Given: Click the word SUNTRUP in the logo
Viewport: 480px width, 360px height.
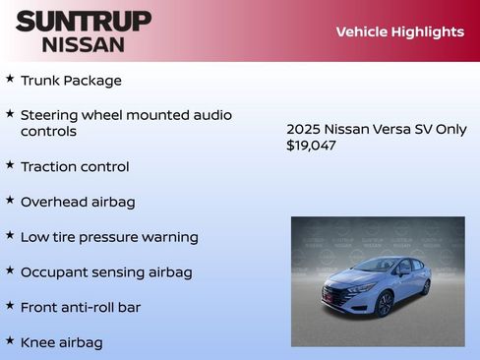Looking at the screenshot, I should tap(84, 21).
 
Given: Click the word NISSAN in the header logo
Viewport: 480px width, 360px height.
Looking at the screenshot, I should tap(84, 44).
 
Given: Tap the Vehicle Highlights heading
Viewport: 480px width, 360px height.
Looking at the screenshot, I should tap(399, 31).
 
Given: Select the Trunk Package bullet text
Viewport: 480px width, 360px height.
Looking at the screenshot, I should tap(71, 81).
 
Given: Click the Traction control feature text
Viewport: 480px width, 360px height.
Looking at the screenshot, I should tap(75, 167).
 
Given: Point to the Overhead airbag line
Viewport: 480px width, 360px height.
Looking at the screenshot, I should tap(78, 202).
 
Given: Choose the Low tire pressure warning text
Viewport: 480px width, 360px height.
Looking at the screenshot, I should tap(109, 237).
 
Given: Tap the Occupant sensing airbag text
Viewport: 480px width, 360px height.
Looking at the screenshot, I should tap(106, 272).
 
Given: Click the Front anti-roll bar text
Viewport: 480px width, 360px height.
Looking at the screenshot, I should tap(81, 308).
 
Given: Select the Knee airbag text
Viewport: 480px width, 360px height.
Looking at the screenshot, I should tap(61, 342).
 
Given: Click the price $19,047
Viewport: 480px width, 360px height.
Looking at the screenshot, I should tap(311, 146).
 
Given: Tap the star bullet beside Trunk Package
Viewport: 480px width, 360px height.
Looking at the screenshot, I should tap(10, 79).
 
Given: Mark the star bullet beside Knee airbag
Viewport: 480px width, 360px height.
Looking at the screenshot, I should tap(10, 340).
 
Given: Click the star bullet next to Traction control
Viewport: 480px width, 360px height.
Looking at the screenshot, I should tap(10, 165).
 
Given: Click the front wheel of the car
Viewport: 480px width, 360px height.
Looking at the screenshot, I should tap(384, 303).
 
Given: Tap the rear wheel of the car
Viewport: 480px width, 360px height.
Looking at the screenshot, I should tap(425, 286).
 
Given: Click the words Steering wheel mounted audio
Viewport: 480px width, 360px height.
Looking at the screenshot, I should tap(126, 115).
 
